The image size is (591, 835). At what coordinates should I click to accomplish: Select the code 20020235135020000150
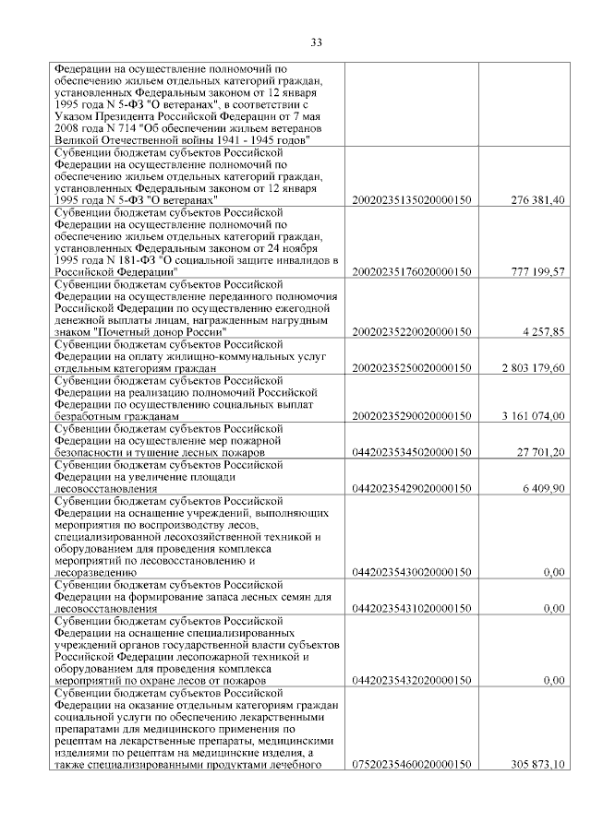(x=412, y=200)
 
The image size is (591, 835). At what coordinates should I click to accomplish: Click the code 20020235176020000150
(x=412, y=272)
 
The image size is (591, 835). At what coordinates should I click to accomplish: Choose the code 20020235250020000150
(x=412, y=368)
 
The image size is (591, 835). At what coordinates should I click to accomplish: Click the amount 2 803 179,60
(x=533, y=368)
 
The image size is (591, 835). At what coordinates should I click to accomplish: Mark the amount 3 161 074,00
(x=533, y=416)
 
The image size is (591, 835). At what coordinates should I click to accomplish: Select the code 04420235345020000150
(x=412, y=452)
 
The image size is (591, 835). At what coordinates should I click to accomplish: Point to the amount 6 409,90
(x=544, y=488)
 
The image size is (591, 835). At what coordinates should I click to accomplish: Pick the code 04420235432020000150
(x=412, y=680)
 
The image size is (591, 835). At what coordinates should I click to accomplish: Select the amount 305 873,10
(x=537, y=764)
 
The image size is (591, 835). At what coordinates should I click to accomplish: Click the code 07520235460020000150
(x=412, y=764)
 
